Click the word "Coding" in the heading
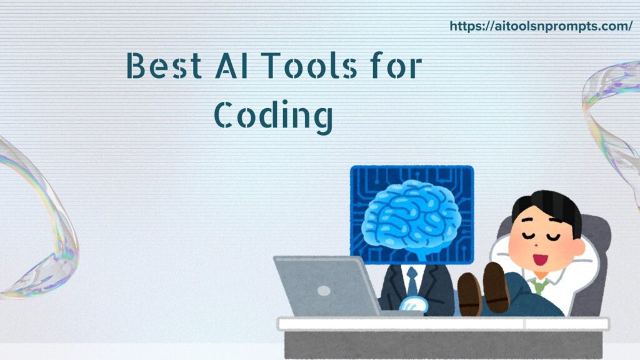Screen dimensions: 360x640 [x=272, y=116]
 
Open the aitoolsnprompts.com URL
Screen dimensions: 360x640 [x=541, y=26]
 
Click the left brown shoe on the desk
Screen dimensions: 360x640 [x=469, y=293]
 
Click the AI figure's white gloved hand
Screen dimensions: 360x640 [x=413, y=304]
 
